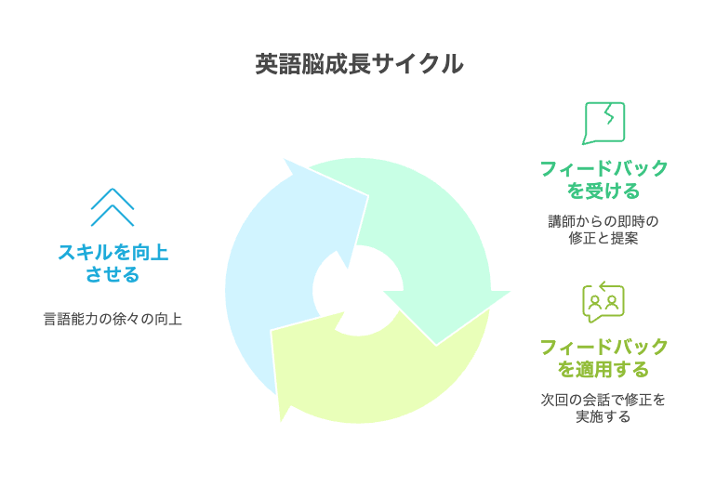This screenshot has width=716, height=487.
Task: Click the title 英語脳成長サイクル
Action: (359, 64)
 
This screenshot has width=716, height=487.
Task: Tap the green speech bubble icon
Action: (603, 123)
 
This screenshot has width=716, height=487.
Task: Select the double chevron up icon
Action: (113, 206)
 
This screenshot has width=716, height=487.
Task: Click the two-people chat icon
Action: (603, 302)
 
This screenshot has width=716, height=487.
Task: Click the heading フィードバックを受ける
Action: (603, 179)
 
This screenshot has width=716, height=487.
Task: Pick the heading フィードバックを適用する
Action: (603, 358)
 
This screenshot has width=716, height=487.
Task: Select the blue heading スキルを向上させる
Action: (113, 263)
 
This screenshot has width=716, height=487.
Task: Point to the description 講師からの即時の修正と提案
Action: (603, 230)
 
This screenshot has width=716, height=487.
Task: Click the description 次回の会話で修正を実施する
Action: (603, 408)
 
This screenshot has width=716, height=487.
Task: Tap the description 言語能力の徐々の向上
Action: (113, 319)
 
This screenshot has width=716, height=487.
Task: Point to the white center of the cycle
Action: (358, 290)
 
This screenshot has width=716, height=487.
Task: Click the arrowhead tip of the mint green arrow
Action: (436, 345)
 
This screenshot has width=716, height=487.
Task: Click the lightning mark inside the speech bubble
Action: (609, 114)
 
